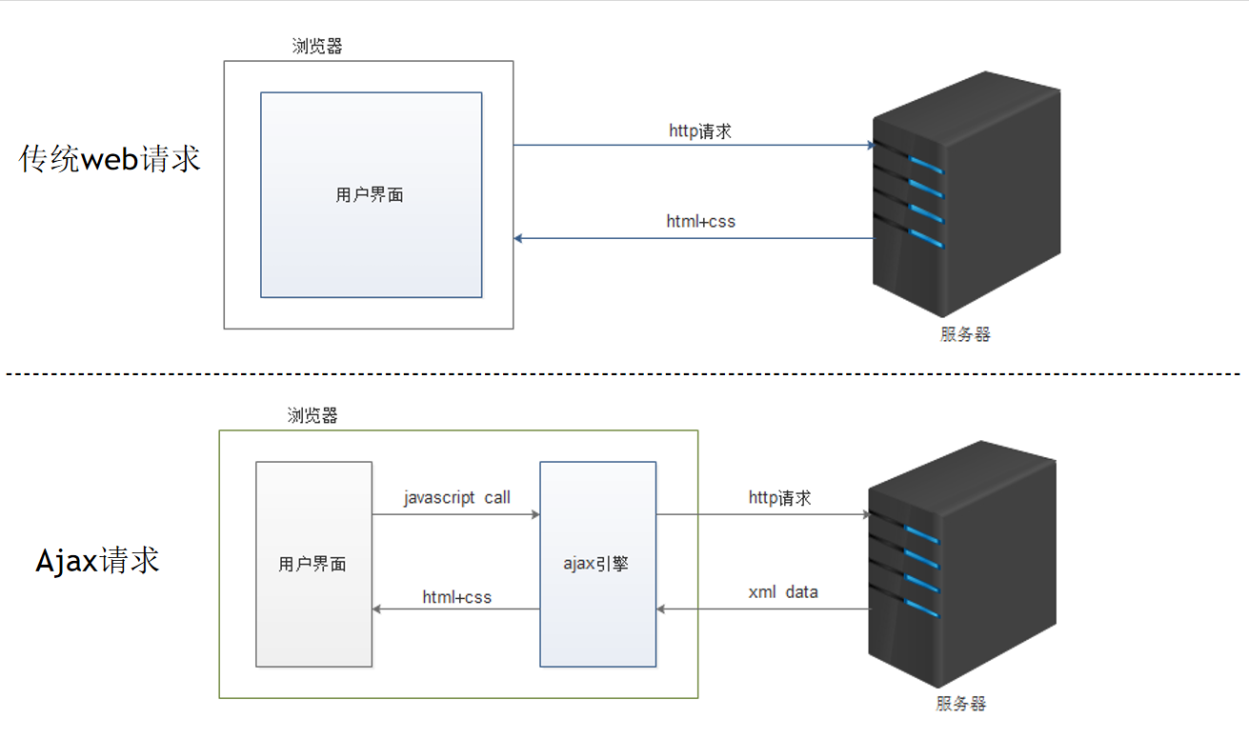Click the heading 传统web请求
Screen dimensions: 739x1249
click(111, 158)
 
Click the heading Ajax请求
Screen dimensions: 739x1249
click(97, 561)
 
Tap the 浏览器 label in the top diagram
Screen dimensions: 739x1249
click(317, 47)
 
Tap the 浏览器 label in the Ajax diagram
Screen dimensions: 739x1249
click(312, 416)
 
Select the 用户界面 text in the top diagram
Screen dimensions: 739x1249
click(370, 195)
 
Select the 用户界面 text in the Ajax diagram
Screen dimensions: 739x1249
click(312, 565)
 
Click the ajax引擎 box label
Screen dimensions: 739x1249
click(596, 564)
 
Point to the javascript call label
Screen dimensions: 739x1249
click(456, 498)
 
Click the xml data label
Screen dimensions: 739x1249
click(783, 592)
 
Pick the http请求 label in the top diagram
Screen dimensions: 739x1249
click(700, 131)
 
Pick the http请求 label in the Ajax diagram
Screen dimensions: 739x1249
click(780, 497)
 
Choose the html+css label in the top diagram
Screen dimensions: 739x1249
click(700, 222)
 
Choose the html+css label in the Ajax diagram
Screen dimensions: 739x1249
click(457, 598)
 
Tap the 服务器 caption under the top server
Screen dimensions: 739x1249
click(966, 334)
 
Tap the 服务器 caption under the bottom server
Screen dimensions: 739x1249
click(961, 704)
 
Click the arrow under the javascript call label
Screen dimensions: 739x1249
click(455, 514)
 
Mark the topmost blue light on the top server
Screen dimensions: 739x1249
click(925, 163)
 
